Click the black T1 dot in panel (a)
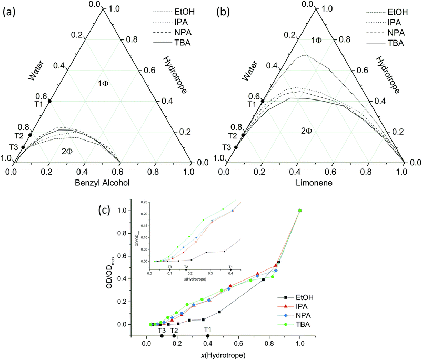[50, 101]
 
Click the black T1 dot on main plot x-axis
[208, 336]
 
